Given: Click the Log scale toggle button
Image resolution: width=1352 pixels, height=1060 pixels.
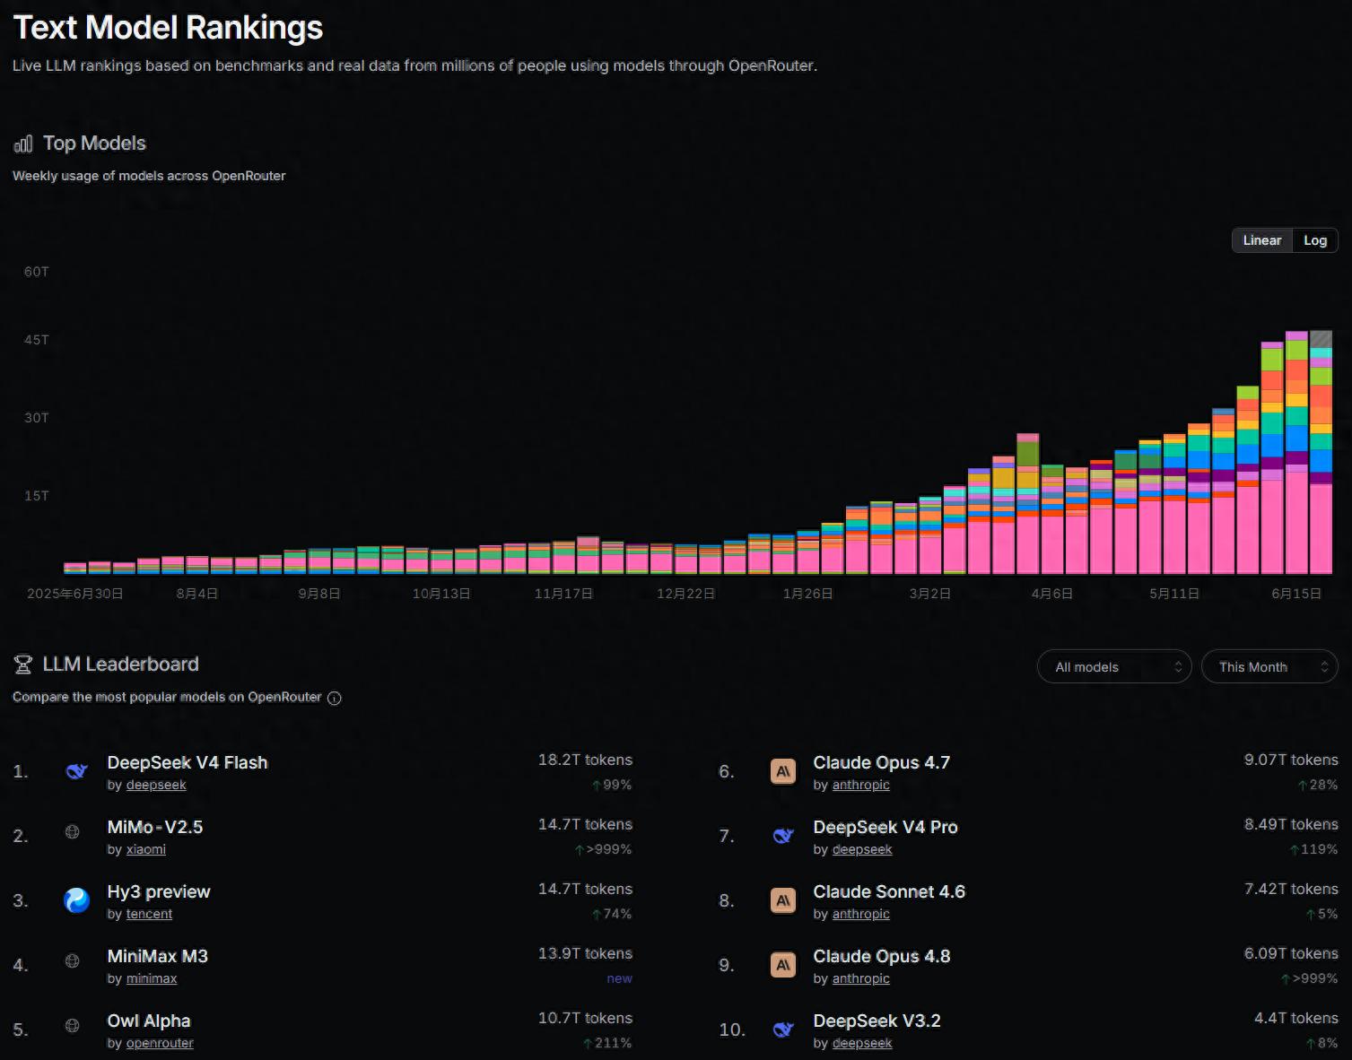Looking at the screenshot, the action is click(x=1314, y=240).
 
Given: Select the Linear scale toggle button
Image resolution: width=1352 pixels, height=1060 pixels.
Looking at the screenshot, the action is click(x=1261, y=240).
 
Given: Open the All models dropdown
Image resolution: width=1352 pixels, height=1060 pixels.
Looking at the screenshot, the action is click(x=1114, y=667).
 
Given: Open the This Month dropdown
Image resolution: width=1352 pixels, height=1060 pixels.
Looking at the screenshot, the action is click(x=1269, y=667).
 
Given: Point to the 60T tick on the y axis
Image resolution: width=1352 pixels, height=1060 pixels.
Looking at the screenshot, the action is click(x=36, y=272).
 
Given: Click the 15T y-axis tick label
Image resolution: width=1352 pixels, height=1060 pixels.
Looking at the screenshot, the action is click(x=36, y=496).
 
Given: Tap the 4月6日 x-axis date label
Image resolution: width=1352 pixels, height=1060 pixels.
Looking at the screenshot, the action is click(x=1051, y=594).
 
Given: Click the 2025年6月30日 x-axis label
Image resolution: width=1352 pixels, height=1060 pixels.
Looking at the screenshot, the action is click(x=74, y=594).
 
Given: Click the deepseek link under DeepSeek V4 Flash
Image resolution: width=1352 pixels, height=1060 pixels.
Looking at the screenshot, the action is click(x=156, y=786).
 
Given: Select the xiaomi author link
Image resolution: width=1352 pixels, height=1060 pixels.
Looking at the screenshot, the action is click(x=145, y=850).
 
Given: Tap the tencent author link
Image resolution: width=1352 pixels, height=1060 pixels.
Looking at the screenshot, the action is click(x=149, y=915).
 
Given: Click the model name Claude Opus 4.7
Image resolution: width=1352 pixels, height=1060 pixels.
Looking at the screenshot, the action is click(x=882, y=763).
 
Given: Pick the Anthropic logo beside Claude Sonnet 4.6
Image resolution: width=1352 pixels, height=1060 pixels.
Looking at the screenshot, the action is click(x=783, y=901).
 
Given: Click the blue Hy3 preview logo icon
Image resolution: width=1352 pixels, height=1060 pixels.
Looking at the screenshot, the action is click(x=76, y=901).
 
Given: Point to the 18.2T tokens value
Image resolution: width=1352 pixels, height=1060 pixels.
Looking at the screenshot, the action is click(x=585, y=760).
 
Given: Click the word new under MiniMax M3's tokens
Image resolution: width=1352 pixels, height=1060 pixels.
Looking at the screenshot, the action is click(x=619, y=978).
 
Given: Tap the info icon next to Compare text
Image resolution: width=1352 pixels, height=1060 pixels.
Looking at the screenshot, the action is click(x=335, y=699).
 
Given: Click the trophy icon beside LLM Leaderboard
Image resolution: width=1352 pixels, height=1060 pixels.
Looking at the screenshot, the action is click(x=23, y=665).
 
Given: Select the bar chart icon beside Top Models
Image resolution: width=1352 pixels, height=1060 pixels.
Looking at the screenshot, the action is click(x=23, y=144).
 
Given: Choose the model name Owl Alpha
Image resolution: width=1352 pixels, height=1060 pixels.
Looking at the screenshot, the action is click(x=149, y=1021).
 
